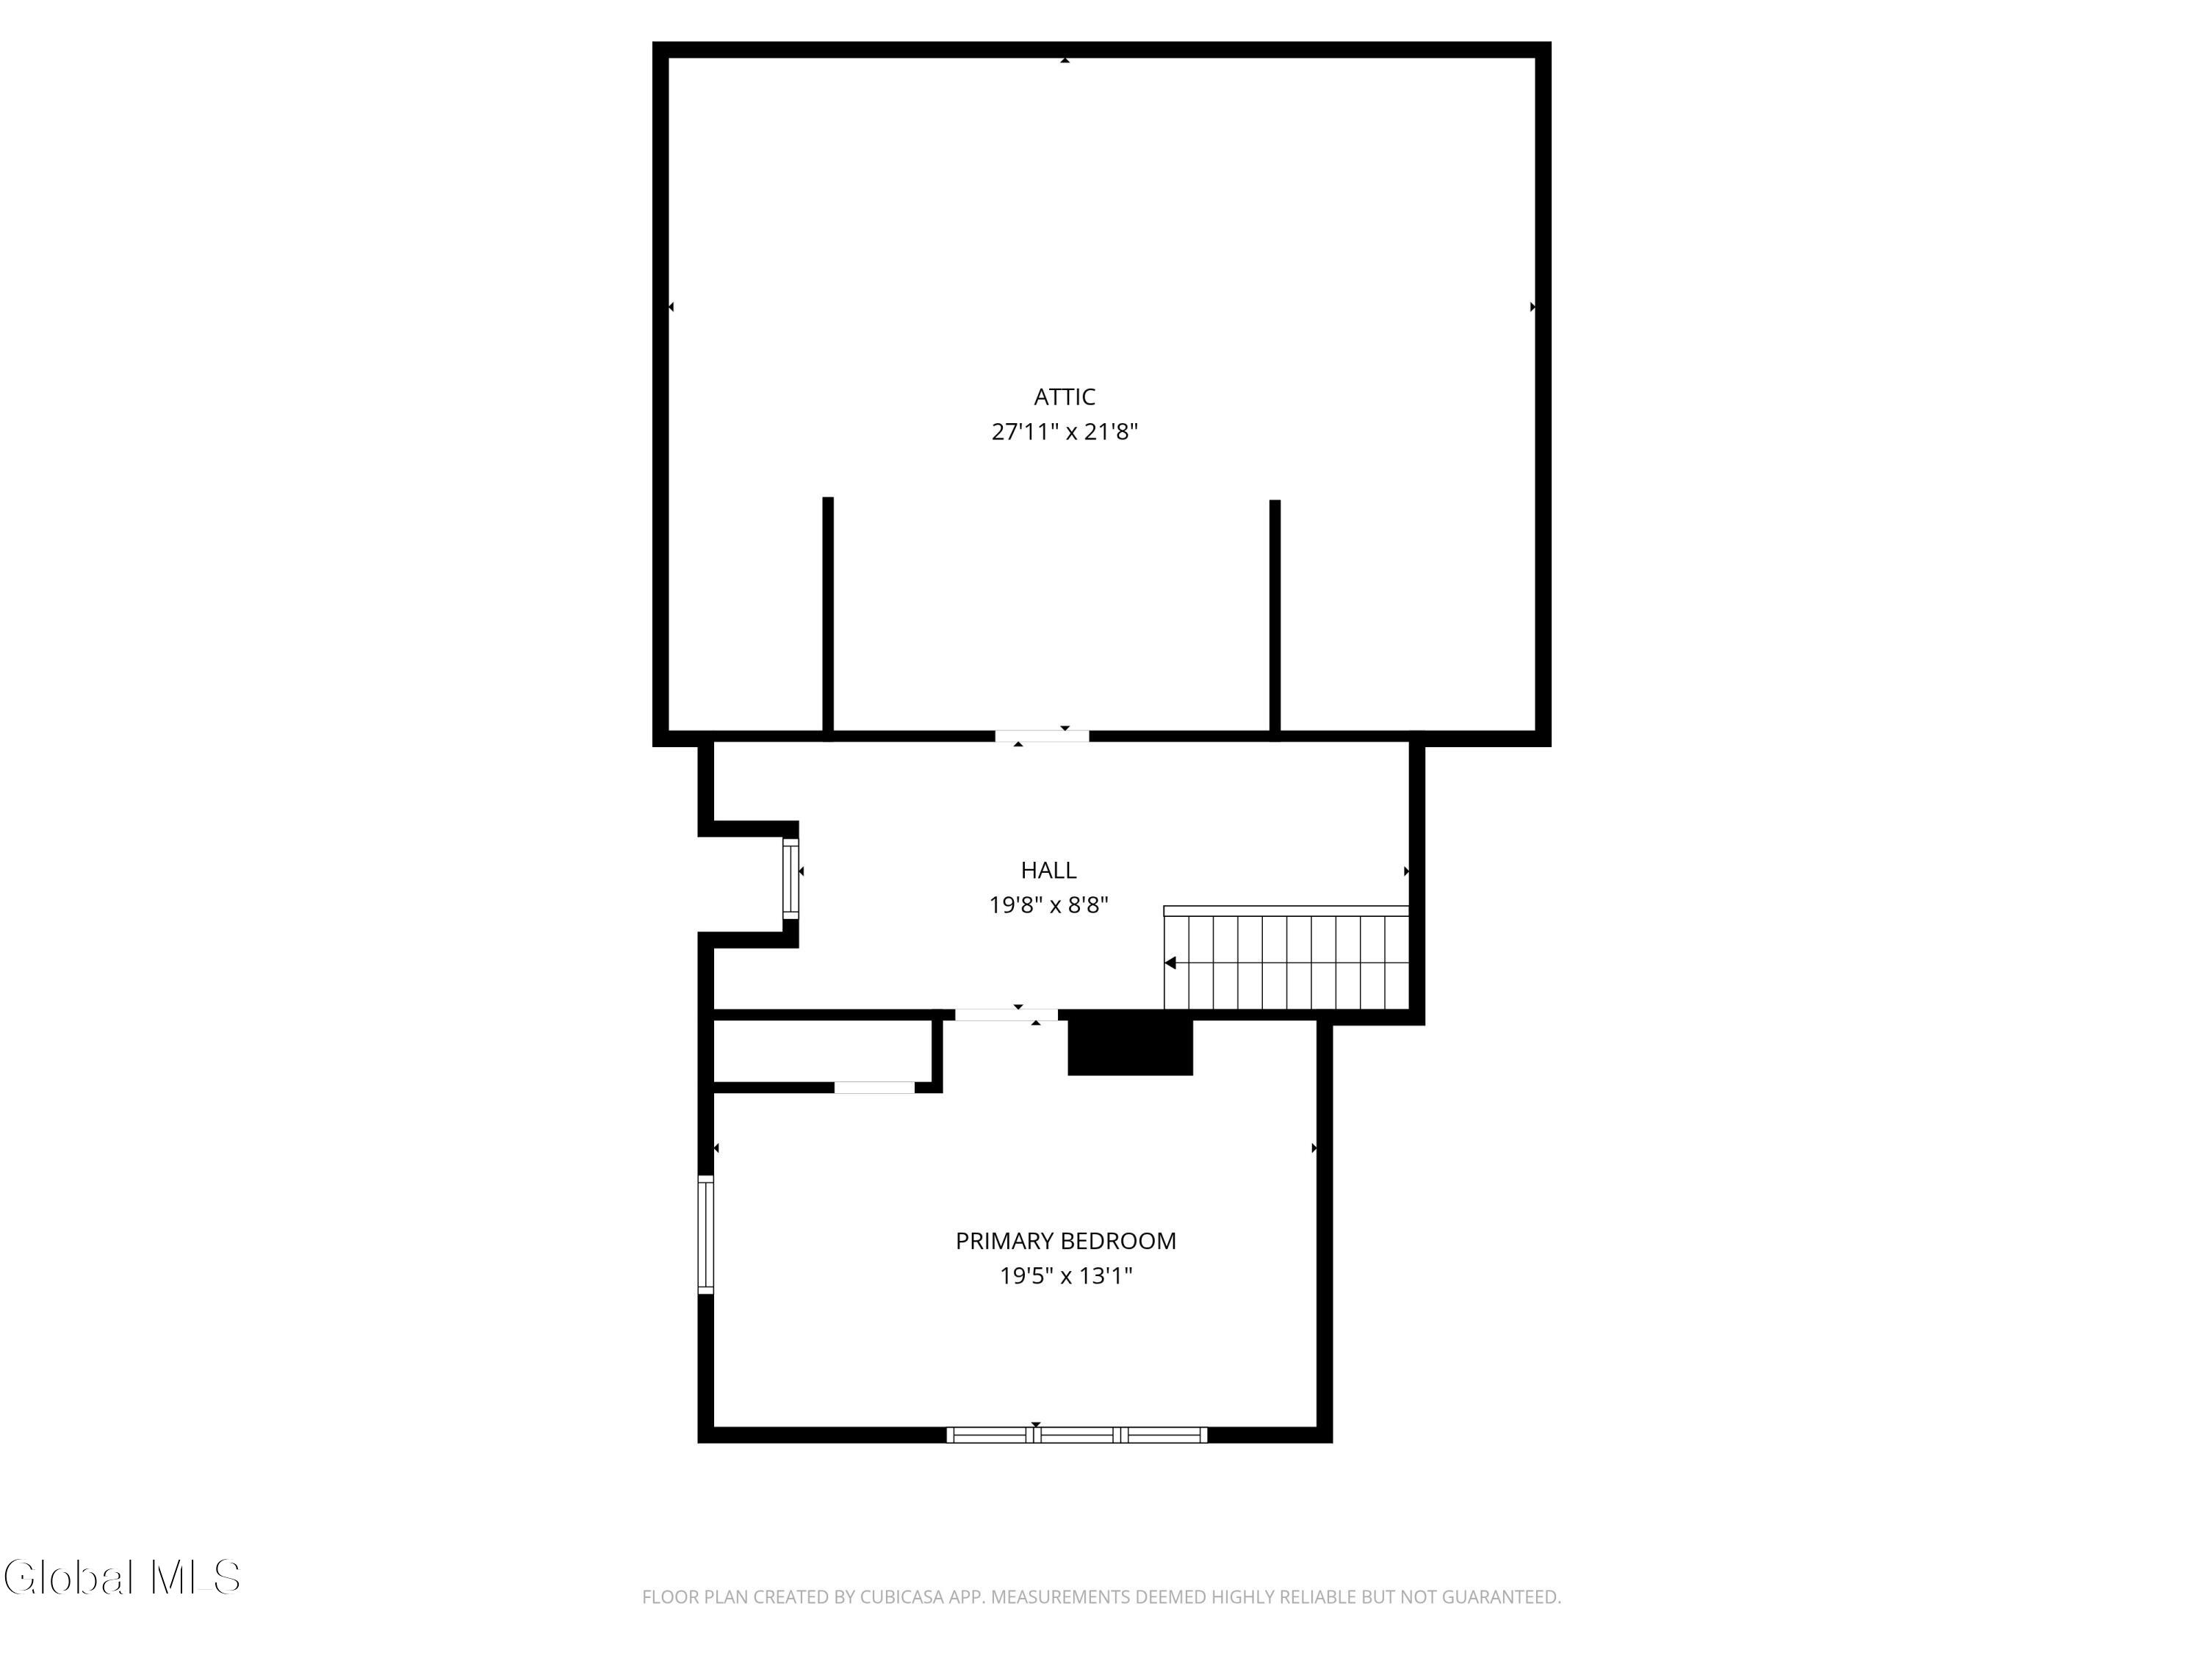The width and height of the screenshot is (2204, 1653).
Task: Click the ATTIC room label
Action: (x=1064, y=397)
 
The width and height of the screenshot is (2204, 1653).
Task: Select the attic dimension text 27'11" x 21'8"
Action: (x=1064, y=431)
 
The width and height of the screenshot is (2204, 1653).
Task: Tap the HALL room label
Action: (x=1048, y=870)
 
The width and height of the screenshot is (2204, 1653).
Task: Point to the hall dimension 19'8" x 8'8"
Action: (x=1048, y=904)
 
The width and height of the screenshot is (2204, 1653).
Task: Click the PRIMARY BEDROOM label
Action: (x=1065, y=1241)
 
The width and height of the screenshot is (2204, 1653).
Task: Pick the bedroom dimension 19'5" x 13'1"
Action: (x=1065, y=1275)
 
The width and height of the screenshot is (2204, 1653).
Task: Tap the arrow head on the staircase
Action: (x=1171, y=962)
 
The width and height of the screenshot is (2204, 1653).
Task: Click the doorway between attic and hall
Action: (x=1041, y=736)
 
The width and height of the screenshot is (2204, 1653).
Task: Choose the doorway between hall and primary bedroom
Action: (x=1006, y=1015)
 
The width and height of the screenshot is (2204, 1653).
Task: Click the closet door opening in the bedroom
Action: (x=874, y=1087)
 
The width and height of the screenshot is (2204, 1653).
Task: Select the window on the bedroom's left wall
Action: (x=705, y=1234)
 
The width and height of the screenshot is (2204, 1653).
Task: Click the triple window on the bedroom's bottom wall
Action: (x=1076, y=1435)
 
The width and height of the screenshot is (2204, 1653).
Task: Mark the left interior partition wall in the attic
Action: (x=828, y=615)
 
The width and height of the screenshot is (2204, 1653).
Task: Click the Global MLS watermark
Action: (x=121, y=1577)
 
